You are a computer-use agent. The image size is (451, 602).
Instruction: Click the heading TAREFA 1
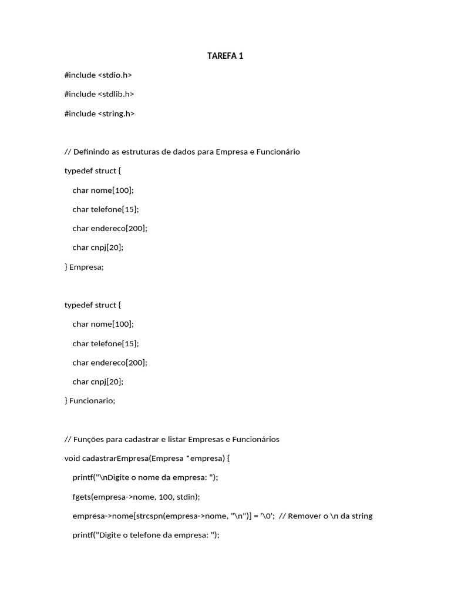pyautogui.click(x=225, y=56)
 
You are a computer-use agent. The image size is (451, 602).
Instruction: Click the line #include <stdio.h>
pyautogui.click(x=98, y=75)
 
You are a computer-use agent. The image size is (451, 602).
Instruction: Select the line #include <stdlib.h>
pyautogui.click(x=99, y=94)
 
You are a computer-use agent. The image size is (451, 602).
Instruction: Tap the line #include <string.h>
pyautogui.click(x=99, y=113)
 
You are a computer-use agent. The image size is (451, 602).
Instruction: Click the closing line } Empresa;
pyautogui.click(x=84, y=267)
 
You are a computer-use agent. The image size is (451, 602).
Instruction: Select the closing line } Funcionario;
pyautogui.click(x=90, y=401)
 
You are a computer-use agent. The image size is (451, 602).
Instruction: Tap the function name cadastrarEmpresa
pyautogui.click(x=115, y=459)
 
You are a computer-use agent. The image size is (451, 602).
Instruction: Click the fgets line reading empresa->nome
pyautogui.click(x=136, y=497)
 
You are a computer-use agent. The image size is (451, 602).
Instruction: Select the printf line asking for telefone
pyautogui.click(x=146, y=535)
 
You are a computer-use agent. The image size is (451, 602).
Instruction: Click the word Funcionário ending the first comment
pyautogui.click(x=278, y=152)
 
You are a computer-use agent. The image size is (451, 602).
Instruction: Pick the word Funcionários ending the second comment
pyautogui.click(x=256, y=439)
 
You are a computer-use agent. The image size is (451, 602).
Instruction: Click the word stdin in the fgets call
pyautogui.click(x=186, y=497)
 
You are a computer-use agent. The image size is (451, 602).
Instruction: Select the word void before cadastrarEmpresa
pyautogui.click(x=72, y=459)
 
